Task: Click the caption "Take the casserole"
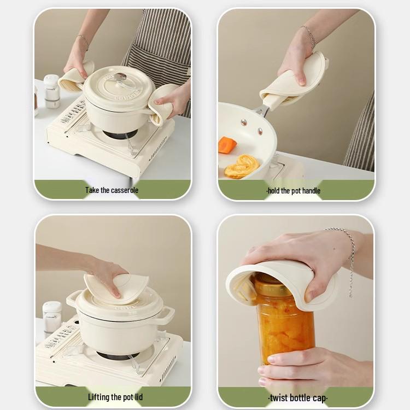112,190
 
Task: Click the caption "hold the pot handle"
294,191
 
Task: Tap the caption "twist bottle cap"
298,397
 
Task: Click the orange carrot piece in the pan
227,145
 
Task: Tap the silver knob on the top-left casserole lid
121,77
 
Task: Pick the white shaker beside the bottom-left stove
52,318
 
